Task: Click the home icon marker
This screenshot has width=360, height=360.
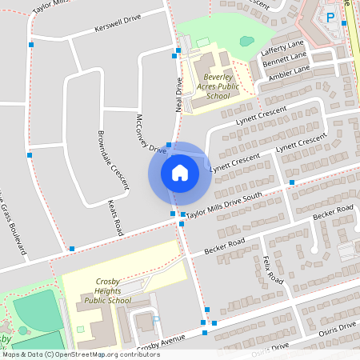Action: [x=180, y=173]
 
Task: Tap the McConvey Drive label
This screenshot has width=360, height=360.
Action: [x=150, y=133]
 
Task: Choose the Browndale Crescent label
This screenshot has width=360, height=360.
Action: [x=112, y=161]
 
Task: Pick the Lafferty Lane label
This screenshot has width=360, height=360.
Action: [x=283, y=48]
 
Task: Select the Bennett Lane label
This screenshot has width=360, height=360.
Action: [x=286, y=60]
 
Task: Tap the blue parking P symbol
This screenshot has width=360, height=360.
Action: [x=330, y=17]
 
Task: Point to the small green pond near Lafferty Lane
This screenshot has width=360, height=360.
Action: [x=247, y=40]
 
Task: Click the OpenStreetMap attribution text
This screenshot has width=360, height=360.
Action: [x=80, y=354]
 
